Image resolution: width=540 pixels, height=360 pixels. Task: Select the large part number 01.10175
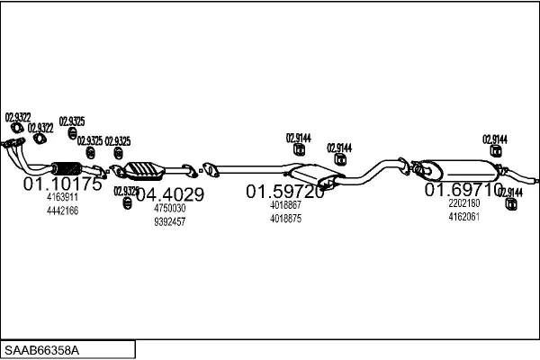[62, 184]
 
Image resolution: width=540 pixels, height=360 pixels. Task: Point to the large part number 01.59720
[285, 192]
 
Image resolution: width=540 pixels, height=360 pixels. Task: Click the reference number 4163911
[62, 197]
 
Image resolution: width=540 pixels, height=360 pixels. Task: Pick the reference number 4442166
[62, 211]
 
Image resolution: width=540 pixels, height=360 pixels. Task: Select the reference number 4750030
[169, 208]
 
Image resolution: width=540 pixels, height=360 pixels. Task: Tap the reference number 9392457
[169, 221]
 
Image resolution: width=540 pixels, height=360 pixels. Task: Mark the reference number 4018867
[285, 205]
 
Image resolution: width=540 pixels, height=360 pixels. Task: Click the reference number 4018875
[285, 219]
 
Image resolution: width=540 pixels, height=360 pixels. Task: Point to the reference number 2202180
[464, 203]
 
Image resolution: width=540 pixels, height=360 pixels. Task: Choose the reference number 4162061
[464, 217]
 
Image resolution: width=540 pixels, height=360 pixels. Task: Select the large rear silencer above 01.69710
[459, 168]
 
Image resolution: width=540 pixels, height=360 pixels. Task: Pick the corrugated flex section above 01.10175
[66, 167]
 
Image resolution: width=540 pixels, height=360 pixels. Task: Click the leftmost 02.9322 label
[18, 116]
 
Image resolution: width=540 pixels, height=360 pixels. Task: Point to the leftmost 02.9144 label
[298, 138]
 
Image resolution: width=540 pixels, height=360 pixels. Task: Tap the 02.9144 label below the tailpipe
[510, 193]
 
